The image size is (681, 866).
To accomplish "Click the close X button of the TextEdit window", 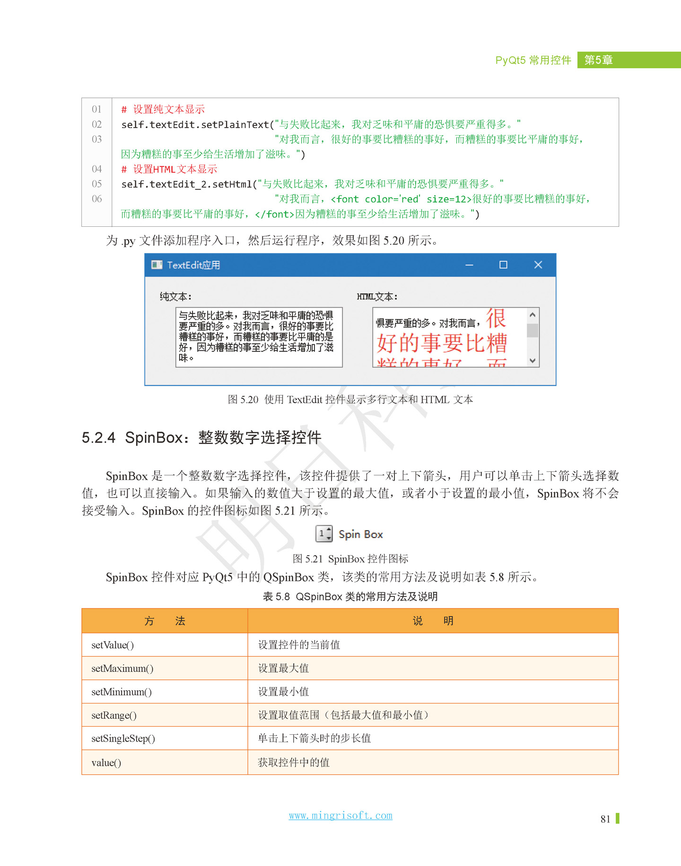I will tap(538, 265).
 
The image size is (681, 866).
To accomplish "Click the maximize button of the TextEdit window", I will tap(503, 265).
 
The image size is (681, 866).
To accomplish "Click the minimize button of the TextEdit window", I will tap(469, 265).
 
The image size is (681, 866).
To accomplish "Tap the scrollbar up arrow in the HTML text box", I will tap(533, 315).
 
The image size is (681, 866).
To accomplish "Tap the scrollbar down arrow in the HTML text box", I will tap(533, 360).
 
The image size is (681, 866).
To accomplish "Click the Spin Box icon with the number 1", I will tap(324, 534).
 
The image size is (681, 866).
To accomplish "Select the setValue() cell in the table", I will tap(113, 645).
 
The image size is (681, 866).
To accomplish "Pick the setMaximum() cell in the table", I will tap(122, 669).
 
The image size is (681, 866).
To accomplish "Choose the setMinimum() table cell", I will tap(122, 692).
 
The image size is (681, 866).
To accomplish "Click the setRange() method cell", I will tap(114, 715).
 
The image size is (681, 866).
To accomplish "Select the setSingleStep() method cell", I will tap(123, 738).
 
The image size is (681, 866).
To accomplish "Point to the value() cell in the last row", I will tap(106, 763).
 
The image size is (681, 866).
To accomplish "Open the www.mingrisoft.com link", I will tap(340, 815).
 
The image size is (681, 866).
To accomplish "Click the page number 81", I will tap(605, 819).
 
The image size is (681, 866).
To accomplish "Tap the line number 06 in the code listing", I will tap(97, 199).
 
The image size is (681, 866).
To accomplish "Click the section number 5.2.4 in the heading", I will tap(98, 437).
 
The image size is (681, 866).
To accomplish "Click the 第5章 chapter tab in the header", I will tap(599, 60).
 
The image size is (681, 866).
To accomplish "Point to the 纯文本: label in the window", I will tap(175, 297).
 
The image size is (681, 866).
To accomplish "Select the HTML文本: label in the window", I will tap(377, 297).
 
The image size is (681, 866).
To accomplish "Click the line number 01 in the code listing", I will tap(97, 110).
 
